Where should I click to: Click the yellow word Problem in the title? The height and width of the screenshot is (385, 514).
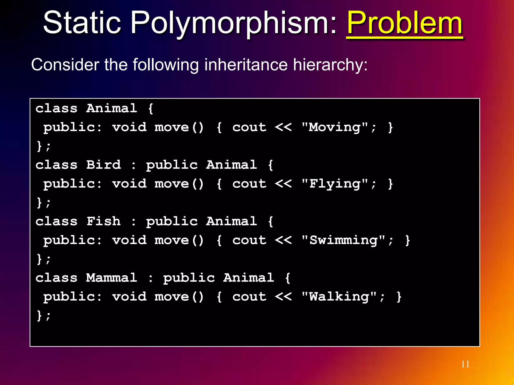(405, 23)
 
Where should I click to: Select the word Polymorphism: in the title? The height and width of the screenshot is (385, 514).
(233, 23)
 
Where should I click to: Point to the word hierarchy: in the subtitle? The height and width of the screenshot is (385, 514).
(330, 65)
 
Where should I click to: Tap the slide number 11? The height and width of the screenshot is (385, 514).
(465, 364)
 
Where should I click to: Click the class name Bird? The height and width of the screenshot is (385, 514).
(103, 165)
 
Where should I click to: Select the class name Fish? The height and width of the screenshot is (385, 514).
(103, 221)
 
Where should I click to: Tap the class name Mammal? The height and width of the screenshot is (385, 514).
(112, 278)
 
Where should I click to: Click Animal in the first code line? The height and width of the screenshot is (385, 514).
(112, 108)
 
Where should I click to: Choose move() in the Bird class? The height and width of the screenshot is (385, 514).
(179, 184)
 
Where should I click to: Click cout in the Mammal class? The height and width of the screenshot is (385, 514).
(249, 297)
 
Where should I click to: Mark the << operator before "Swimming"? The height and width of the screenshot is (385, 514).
(283, 240)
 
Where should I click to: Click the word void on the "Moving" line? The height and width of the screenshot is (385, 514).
(129, 127)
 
